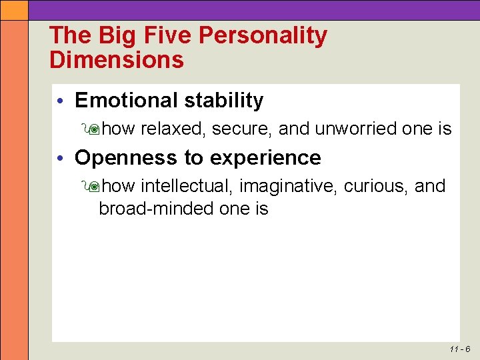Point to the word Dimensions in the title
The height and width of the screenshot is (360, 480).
[117, 60]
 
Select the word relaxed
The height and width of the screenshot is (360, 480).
[173, 129]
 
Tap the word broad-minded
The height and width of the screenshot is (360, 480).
[156, 209]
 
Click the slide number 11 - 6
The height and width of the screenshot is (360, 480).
[459, 349]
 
